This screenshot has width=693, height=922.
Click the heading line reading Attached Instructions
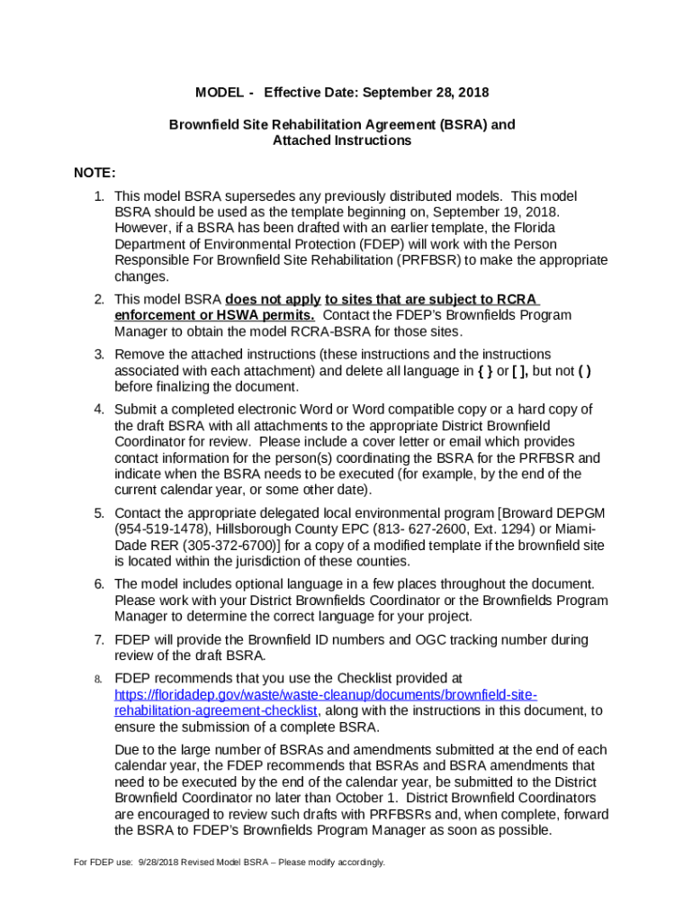(341, 140)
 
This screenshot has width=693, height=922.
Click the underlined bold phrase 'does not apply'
(273, 299)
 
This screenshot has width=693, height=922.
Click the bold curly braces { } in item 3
(482, 370)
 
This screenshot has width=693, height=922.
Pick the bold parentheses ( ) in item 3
(583, 370)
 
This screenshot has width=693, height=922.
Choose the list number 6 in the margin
(100, 583)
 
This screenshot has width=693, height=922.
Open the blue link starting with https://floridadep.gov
(326, 694)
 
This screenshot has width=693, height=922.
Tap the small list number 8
(100, 679)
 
